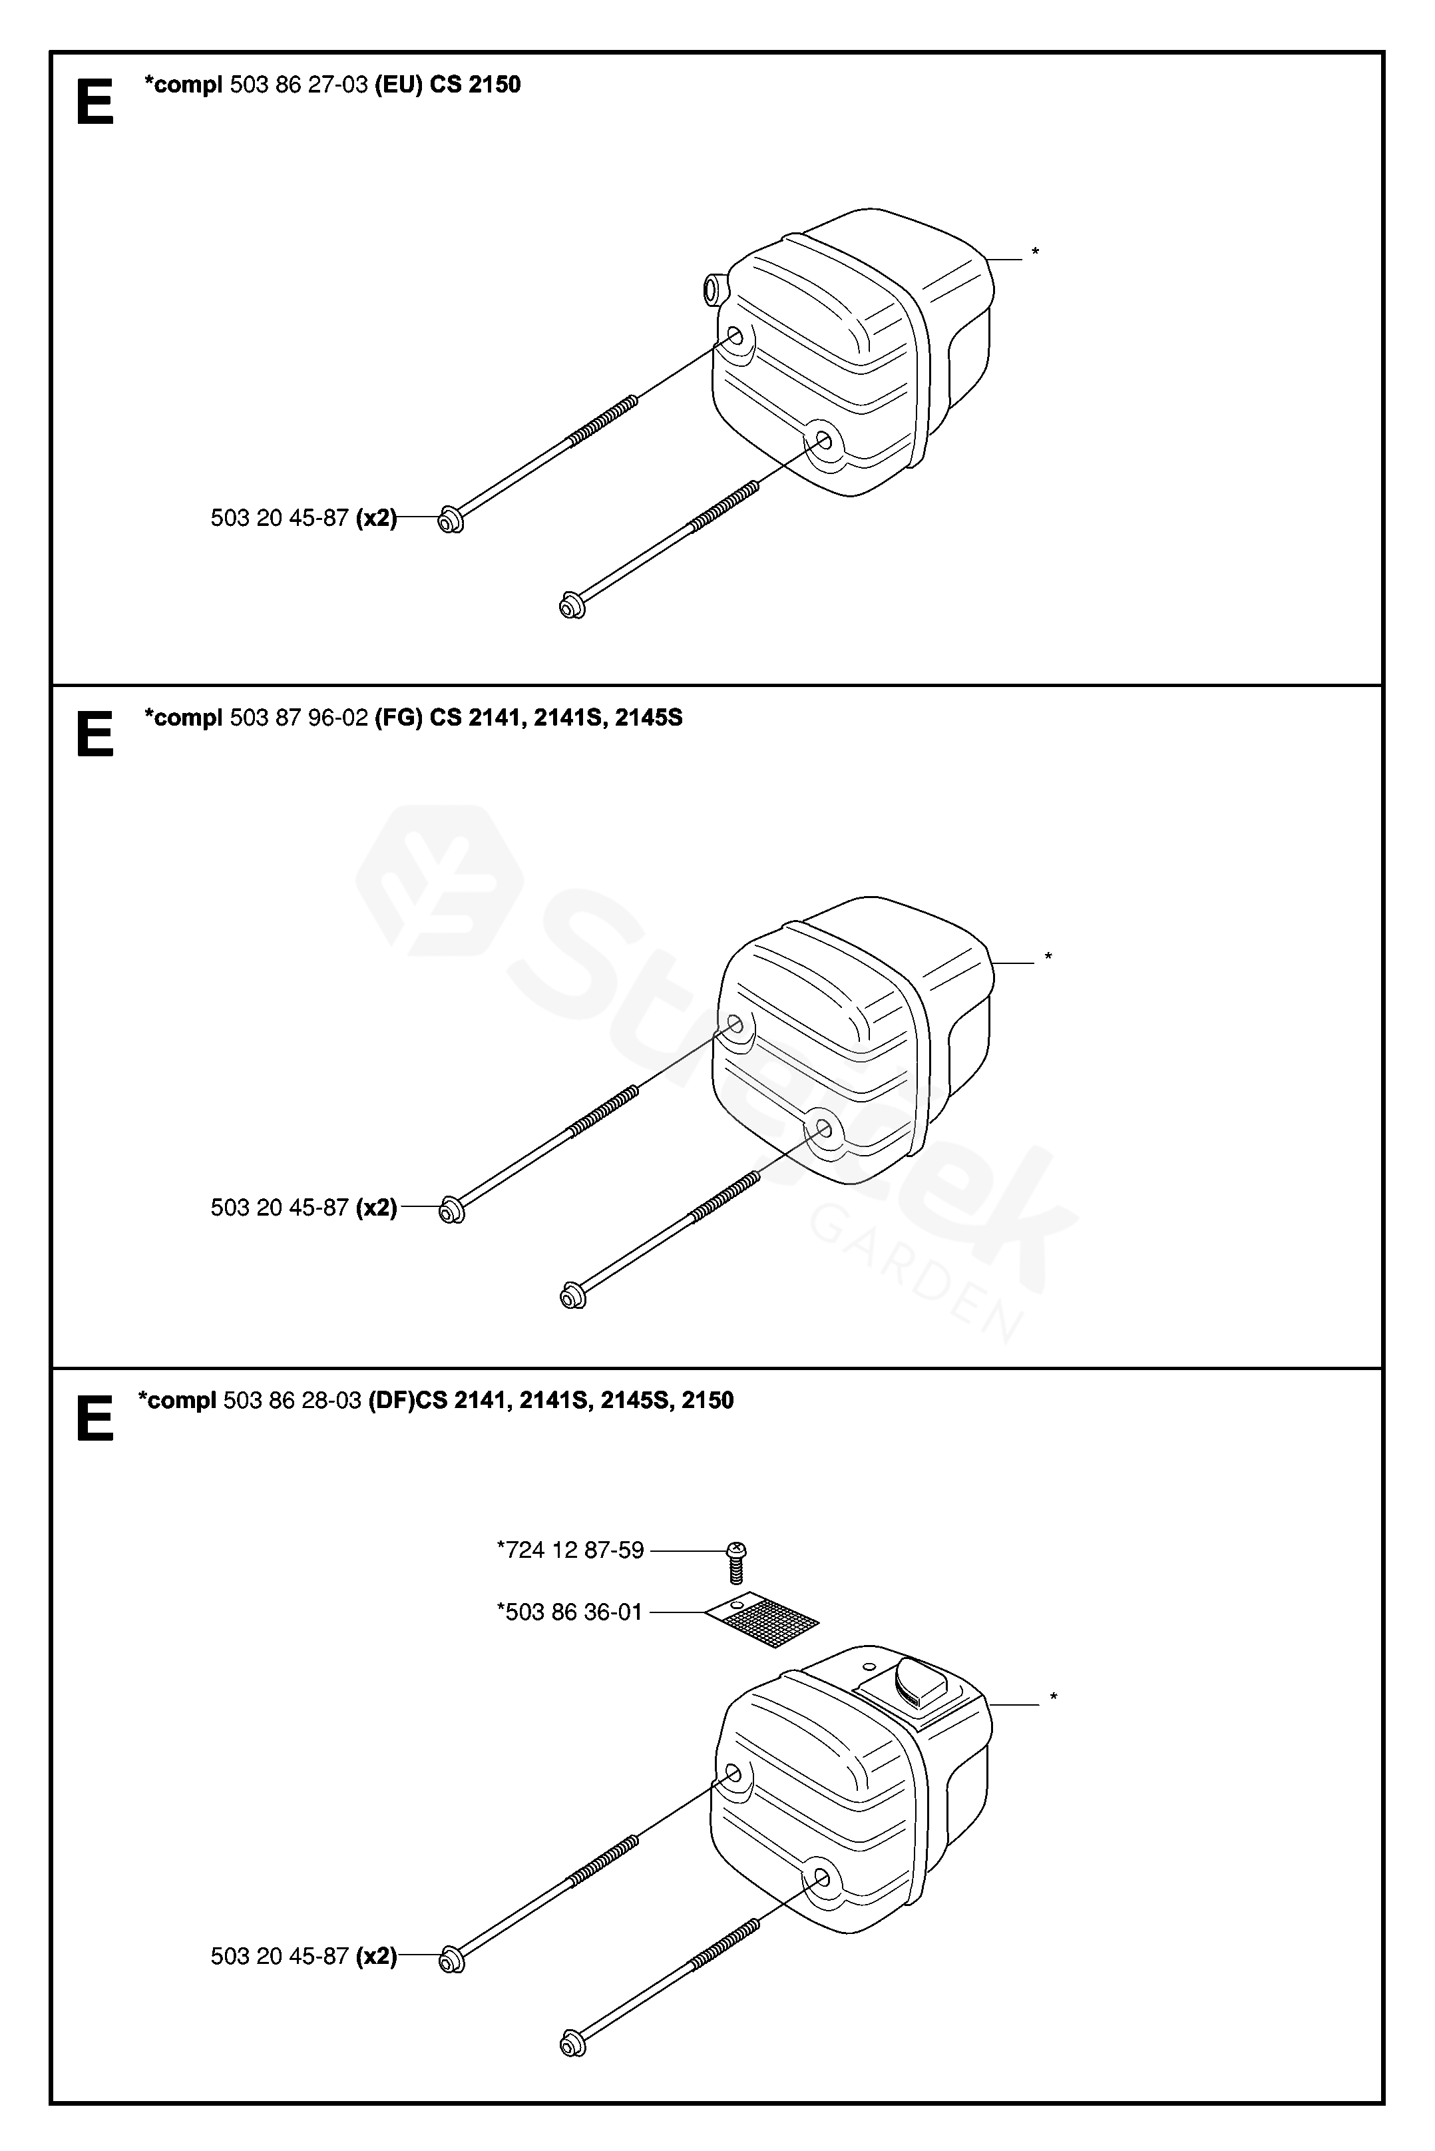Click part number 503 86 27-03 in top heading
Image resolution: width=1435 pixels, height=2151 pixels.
click(x=298, y=85)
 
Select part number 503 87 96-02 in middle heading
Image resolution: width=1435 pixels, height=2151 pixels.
click(x=298, y=718)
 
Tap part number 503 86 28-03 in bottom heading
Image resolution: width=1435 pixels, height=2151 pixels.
click(x=292, y=1401)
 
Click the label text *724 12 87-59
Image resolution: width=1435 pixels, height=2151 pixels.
click(x=570, y=1551)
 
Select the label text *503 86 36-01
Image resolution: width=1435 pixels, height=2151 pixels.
click(x=570, y=1612)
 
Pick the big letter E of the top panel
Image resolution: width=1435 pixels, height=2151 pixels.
click(x=95, y=103)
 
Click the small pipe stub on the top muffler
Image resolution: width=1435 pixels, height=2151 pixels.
click(x=712, y=290)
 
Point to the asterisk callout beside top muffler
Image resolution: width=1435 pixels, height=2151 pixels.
click(x=1035, y=252)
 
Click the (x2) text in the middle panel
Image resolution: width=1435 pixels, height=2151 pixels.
click(x=376, y=1208)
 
